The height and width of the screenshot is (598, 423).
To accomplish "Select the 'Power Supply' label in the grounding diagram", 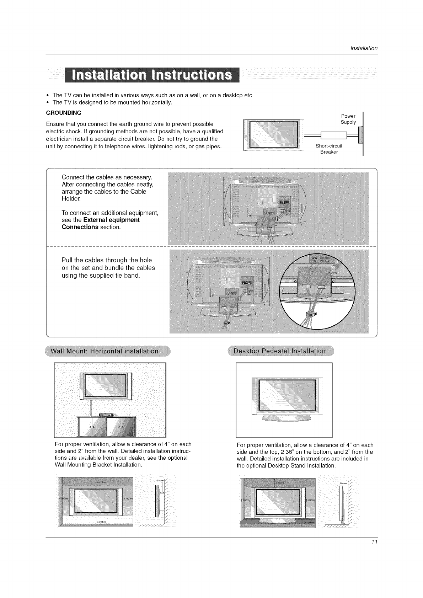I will [x=348, y=119].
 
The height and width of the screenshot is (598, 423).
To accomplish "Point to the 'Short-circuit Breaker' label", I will [x=329, y=149].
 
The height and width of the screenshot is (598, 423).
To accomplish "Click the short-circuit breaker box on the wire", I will [x=333, y=136].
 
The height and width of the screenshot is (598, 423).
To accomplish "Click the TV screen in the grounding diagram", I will [x=273, y=134].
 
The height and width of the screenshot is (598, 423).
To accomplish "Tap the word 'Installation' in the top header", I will [x=364, y=48].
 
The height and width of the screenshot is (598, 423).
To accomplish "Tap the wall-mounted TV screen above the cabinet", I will [x=106, y=385].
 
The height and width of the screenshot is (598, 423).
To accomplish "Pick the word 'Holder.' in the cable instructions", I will [x=71, y=199].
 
